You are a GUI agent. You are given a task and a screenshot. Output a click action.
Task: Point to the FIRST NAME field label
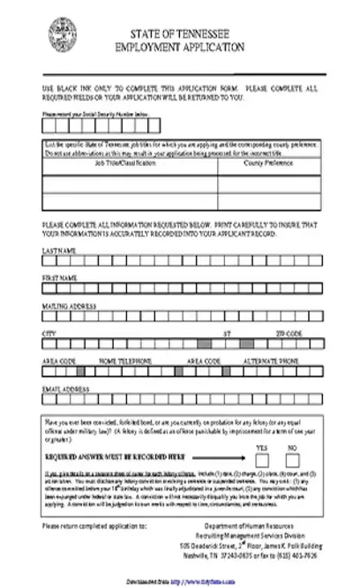click(x=59, y=278)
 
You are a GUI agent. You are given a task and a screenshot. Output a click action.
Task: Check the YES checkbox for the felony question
click(x=261, y=458)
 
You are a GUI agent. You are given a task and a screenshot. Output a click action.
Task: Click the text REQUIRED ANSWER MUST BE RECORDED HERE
click(x=115, y=457)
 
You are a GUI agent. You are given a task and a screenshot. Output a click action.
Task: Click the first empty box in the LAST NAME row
click(x=47, y=261)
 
